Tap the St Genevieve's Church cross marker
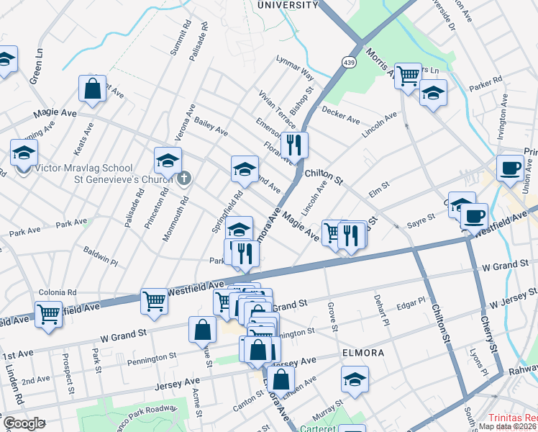[184, 178]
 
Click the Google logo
[24, 423]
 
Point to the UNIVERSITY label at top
[288, 5]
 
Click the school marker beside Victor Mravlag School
[24, 153]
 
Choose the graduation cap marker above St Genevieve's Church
[168, 160]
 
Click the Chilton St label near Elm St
[324, 174]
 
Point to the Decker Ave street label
[341, 115]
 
